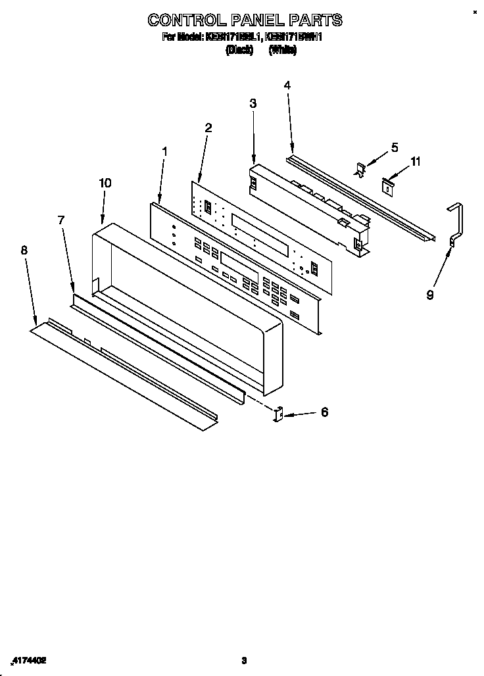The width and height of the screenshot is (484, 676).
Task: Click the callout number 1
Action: (164, 151)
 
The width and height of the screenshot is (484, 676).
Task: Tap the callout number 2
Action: (208, 128)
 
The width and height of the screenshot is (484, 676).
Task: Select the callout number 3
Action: (253, 103)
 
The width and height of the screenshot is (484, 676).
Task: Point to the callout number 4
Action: (287, 85)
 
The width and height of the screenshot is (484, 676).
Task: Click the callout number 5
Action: (395, 147)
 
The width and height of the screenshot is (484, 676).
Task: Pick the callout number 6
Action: (324, 412)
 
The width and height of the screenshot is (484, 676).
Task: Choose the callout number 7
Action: (61, 220)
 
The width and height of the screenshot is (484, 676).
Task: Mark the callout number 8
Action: (24, 250)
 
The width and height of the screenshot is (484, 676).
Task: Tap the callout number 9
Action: (430, 295)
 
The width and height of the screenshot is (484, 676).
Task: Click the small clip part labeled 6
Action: (278, 414)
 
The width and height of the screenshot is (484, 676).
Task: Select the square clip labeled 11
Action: (387, 187)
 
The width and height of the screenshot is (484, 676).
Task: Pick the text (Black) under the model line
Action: (239, 50)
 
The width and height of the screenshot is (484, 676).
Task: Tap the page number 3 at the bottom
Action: (243, 660)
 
